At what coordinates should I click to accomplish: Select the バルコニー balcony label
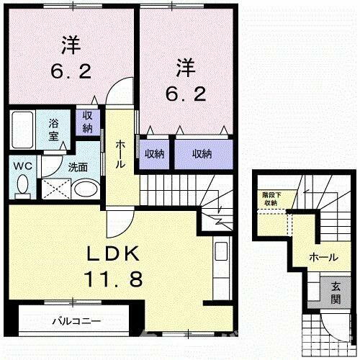click(x=76, y=320)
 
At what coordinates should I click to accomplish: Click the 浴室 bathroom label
click(x=54, y=127)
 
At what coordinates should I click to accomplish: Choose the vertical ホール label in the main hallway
click(x=120, y=154)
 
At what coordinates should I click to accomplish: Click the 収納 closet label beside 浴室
click(x=87, y=122)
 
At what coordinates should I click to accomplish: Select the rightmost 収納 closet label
click(x=202, y=153)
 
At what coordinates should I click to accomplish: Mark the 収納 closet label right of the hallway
click(x=153, y=153)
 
